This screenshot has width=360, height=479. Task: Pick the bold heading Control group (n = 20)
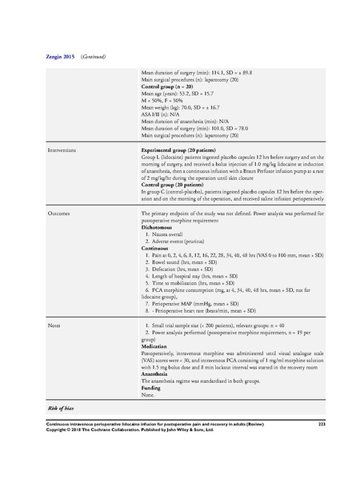coord(166,85)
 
